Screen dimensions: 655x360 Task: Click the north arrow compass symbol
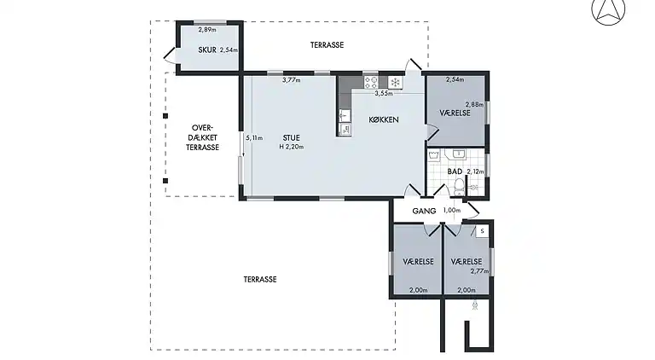[608, 11]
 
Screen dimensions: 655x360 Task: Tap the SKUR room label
[207, 49]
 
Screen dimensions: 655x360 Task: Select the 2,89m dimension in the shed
[207, 30]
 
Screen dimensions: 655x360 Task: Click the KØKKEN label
[384, 120]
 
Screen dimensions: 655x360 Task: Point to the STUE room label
[291, 138]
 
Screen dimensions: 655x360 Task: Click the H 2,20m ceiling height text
[292, 147]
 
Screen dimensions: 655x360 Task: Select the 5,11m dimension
[254, 138]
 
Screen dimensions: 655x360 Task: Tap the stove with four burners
[371, 82]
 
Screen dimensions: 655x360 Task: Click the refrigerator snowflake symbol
[395, 82]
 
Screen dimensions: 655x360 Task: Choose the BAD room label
[455, 171]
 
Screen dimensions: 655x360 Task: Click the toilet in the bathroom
[459, 187]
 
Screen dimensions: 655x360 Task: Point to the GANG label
[424, 211]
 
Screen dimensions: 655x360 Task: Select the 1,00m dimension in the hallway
[451, 211]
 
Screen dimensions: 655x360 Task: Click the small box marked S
[482, 231]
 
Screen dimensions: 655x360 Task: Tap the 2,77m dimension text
[479, 271]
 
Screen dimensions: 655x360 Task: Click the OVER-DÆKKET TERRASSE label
[203, 137]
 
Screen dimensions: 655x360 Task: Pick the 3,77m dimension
[291, 80]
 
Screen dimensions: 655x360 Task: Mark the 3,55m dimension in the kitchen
[384, 94]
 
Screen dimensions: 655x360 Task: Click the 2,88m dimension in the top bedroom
[474, 104]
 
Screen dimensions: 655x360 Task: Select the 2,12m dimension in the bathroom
[475, 171]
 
